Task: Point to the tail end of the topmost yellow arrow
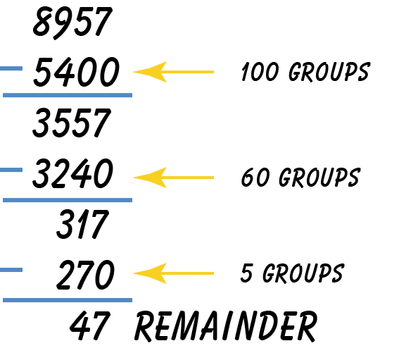(212, 72)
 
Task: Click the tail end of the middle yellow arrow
(212, 178)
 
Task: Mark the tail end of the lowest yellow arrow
(212, 273)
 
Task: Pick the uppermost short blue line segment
(11, 68)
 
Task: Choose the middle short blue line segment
(11, 170)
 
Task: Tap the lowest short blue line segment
(11, 270)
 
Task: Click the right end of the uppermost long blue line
(131, 95)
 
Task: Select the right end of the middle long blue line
(131, 200)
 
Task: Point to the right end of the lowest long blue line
(131, 300)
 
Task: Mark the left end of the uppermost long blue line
(4, 95)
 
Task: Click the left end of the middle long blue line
(4, 200)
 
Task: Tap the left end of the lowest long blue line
(4, 300)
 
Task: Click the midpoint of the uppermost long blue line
(68, 95)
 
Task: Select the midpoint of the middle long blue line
(68, 200)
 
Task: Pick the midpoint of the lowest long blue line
(68, 300)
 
